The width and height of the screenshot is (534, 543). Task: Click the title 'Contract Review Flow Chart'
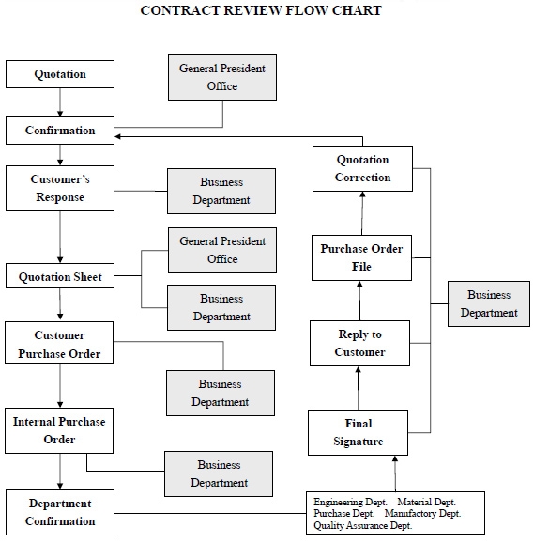tap(261, 11)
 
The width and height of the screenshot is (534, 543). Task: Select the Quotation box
tap(60, 74)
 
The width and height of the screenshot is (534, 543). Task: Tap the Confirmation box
tap(60, 131)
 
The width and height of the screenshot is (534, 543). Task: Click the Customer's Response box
tap(60, 188)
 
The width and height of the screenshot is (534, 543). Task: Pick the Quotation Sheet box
tap(60, 277)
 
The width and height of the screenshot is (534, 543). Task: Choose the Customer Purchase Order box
tap(60, 345)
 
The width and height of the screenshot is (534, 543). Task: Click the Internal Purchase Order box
tap(60, 430)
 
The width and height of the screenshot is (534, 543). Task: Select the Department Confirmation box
tap(60, 513)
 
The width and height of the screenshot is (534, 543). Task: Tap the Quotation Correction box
tap(362, 168)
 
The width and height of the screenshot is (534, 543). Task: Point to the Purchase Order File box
tap(362, 257)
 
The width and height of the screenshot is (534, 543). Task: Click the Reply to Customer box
tap(360, 343)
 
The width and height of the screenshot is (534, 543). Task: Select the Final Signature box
tap(359, 432)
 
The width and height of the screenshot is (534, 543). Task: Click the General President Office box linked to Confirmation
tap(222, 77)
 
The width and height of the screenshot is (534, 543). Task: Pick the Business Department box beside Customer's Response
tap(221, 191)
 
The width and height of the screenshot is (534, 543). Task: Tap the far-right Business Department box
tap(489, 303)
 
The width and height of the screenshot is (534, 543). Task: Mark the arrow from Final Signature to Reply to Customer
tap(359, 388)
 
